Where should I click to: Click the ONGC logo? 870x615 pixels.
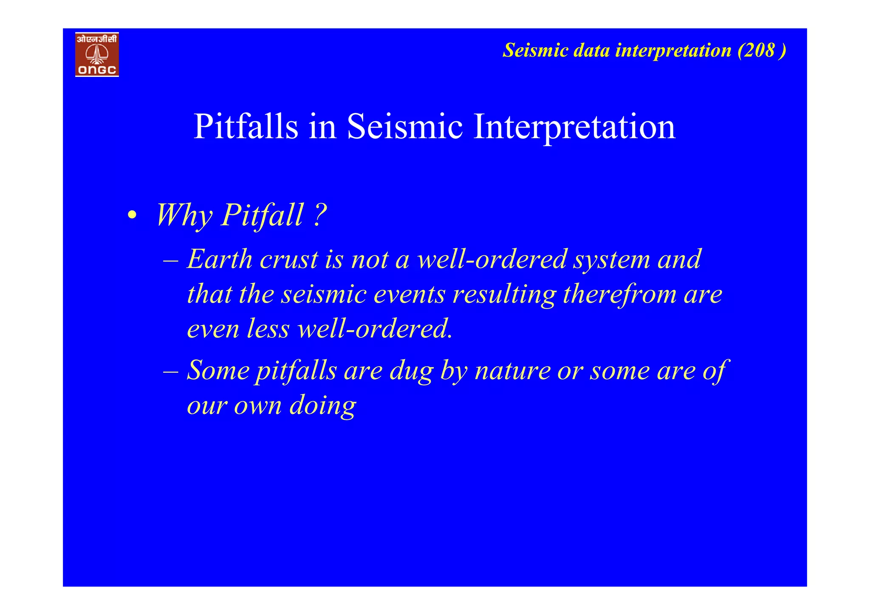point(97,54)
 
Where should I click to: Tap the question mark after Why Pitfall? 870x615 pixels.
point(320,215)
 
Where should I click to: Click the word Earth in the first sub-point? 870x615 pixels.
point(220,259)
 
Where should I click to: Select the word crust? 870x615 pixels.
point(288,260)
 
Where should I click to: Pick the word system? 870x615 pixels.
point(611,260)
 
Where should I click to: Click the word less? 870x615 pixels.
point(268,329)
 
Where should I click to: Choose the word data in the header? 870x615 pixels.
point(591,50)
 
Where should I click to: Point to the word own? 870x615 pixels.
point(258,406)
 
